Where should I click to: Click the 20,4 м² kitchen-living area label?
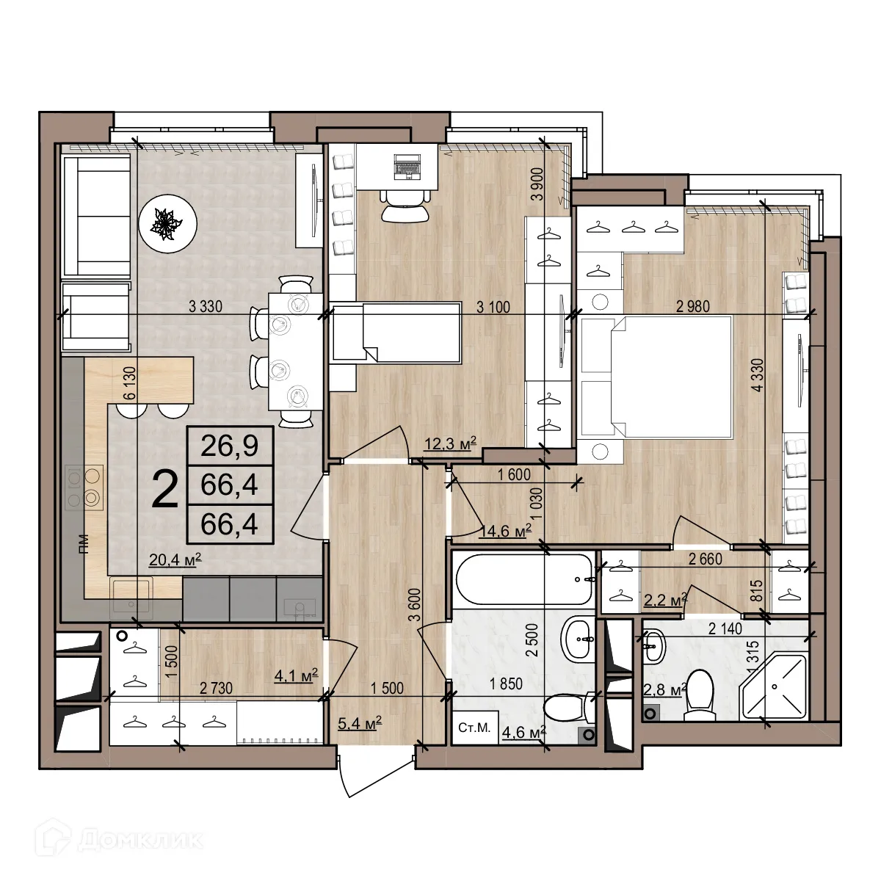point(175,560)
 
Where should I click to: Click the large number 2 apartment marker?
point(164,490)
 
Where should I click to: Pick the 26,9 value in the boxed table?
point(231,445)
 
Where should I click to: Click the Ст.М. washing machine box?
point(474,728)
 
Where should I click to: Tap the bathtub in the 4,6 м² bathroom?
point(523,580)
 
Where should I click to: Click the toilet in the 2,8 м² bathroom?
point(700,695)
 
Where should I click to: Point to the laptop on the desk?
point(406,166)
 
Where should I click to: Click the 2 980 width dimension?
point(692,307)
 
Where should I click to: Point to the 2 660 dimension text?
point(705,559)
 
